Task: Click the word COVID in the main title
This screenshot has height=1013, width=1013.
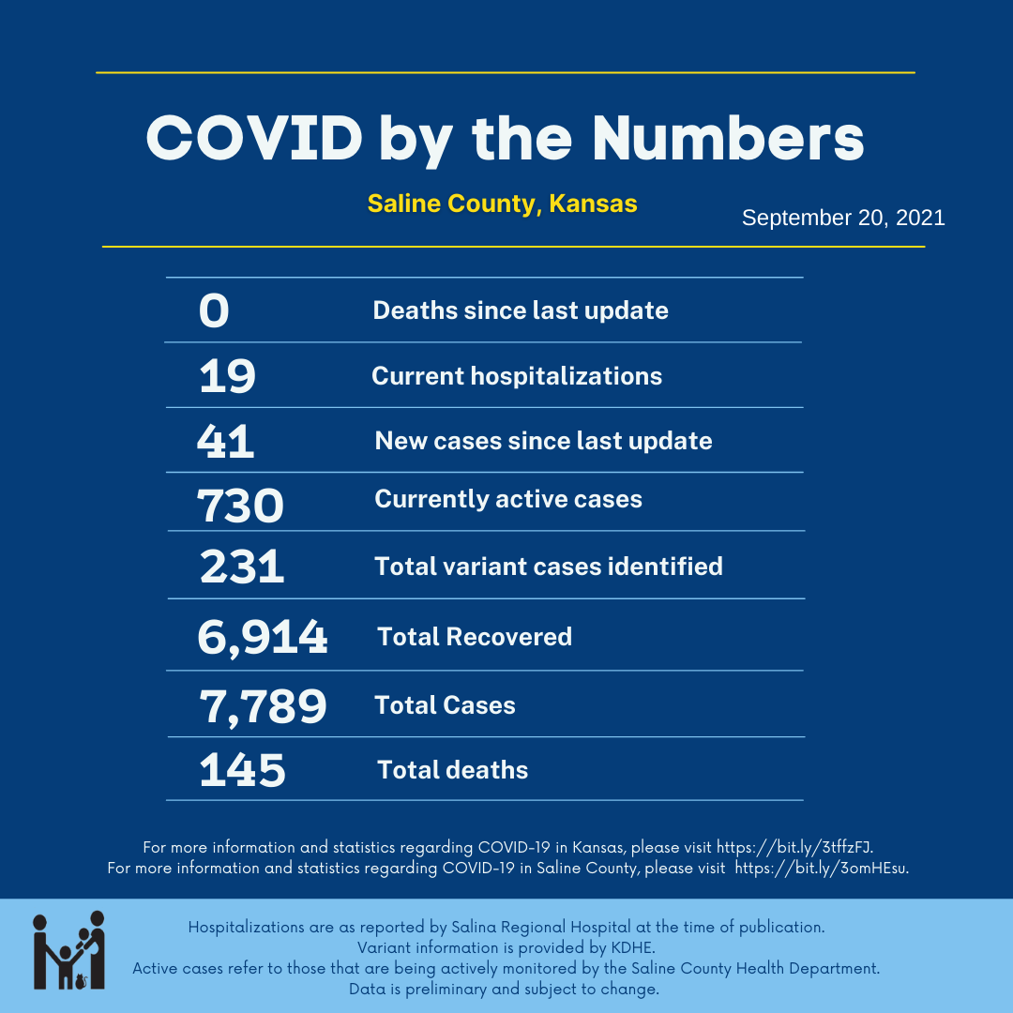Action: click(x=253, y=139)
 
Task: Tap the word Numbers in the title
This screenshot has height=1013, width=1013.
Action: click(x=728, y=139)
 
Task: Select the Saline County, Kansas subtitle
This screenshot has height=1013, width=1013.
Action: click(x=502, y=204)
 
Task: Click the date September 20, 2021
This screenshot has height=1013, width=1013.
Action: click(x=843, y=218)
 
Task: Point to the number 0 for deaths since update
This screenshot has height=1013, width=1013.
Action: click(x=214, y=311)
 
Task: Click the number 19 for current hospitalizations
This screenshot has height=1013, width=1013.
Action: click(x=227, y=377)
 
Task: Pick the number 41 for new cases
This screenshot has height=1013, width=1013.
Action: click(x=226, y=441)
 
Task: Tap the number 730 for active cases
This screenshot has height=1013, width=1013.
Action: click(x=240, y=506)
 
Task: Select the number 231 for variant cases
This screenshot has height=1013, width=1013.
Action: click(x=242, y=567)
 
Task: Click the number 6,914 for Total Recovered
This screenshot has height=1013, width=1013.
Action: click(x=263, y=638)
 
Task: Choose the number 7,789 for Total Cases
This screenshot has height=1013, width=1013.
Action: click(x=263, y=706)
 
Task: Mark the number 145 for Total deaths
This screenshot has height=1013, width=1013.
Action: click(x=242, y=771)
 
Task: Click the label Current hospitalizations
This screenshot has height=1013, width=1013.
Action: click(x=517, y=376)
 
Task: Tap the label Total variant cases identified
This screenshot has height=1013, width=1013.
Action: click(x=549, y=567)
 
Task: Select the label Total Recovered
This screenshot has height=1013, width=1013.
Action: click(x=475, y=637)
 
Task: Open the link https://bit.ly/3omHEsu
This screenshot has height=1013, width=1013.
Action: click(x=821, y=868)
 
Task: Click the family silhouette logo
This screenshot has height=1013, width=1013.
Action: click(x=68, y=949)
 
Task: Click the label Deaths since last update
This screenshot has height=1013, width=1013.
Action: click(x=521, y=310)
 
